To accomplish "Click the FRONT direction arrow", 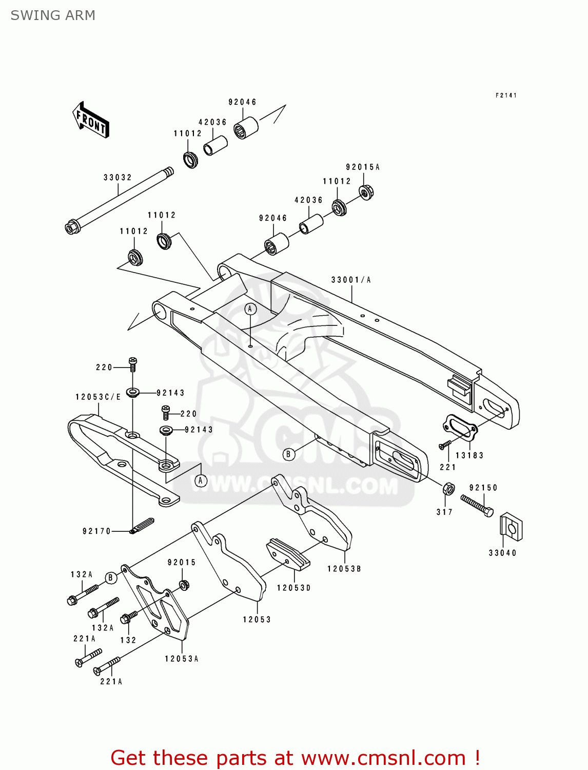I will point(91,120).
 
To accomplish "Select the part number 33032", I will point(117,178).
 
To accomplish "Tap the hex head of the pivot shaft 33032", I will point(71,226).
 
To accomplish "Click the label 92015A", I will point(362,167).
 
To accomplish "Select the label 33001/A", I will point(351,280).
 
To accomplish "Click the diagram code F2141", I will point(506,95).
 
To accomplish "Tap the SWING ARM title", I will point(53,15).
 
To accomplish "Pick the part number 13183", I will point(469,455).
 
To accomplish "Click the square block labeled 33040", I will point(511,526).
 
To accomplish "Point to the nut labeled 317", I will point(448,488).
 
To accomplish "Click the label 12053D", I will point(293,588).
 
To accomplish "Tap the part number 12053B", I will point(344,569).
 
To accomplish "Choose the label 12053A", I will point(181,659).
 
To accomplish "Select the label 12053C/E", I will point(98,397).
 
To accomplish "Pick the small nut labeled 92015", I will point(184,584).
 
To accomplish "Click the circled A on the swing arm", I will point(250,309).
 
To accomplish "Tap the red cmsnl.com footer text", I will point(295,758).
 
